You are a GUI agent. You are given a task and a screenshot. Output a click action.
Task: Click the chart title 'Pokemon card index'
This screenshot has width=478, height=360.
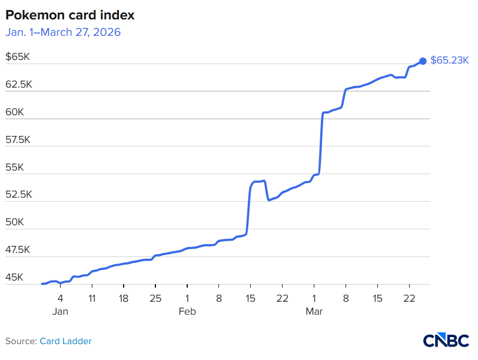[x=70, y=15]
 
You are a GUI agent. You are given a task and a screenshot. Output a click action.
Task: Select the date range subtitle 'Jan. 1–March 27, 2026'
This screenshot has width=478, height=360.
[x=63, y=32]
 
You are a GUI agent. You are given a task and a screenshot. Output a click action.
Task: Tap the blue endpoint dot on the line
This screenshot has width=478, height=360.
[x=423, y=61]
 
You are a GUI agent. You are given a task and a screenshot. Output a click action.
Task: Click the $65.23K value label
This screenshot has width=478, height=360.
[x=449, y=61]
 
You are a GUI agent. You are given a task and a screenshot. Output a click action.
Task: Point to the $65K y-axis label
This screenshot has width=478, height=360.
[x=18, y=56]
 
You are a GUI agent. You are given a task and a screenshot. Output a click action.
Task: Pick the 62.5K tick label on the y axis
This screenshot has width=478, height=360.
[x=19, y=84]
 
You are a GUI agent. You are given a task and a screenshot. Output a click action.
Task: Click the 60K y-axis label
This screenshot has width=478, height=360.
[x=15, y=112]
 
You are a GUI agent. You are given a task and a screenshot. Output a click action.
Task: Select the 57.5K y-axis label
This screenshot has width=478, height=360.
[x=18, y=140]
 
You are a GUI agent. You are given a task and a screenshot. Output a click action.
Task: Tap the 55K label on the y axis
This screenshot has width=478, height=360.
[x=15, y=167]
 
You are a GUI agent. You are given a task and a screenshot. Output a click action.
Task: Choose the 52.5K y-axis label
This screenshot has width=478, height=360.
[x=19, y=194]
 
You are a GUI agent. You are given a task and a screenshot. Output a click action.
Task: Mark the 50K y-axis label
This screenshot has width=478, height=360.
[x=15, y=222]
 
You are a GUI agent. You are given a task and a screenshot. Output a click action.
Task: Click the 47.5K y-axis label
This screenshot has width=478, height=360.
[x=18, y=250]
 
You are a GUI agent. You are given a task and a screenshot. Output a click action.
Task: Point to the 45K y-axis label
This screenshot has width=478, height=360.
[x=14, y=278]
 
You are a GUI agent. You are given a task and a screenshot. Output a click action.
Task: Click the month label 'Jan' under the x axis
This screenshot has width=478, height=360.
[x=60, y=311]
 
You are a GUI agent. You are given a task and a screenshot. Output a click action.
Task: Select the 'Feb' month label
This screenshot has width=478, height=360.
[x=187, y=311]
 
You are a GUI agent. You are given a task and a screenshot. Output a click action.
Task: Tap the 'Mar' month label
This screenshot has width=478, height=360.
[x=314, y=311]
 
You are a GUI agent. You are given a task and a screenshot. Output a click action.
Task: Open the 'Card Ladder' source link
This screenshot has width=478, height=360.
[x=65, y=341]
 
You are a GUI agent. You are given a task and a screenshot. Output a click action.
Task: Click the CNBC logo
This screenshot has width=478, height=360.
[x=446, y=340]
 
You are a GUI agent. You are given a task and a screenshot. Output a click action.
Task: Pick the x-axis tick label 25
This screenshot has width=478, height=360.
[x=155, y=298]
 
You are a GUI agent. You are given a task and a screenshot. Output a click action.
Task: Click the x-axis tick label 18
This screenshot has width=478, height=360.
[x=124, y=298]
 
